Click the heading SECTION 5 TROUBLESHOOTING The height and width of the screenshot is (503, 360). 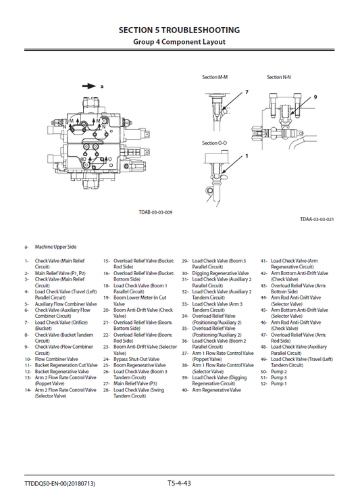[179, 30]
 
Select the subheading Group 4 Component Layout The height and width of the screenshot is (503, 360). [179, 42]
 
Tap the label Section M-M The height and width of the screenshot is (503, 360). [215, 78]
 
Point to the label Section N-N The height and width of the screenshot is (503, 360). [278, 78]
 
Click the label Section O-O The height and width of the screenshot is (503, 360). [215, 143]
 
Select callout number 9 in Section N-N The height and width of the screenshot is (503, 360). [314, 97]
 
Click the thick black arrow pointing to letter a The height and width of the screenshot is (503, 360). [88, 87]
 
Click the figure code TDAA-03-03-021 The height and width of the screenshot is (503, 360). [317, 219]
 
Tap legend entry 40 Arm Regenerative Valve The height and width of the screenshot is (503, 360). [215, 390]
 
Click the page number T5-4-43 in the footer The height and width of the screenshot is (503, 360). [179, 483]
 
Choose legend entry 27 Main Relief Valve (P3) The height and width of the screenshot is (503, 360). [135, 384]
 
